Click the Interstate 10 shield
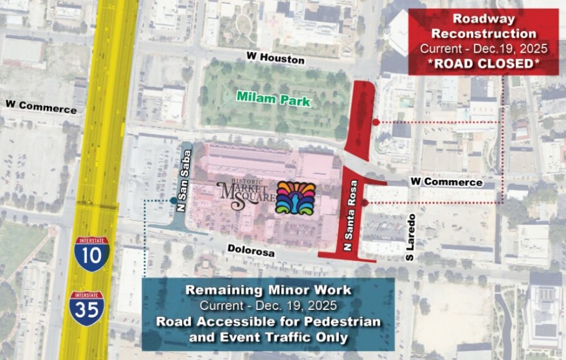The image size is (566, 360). pos(91,253)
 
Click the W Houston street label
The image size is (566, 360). pos(275,59)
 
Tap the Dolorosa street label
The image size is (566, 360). pos(251,250)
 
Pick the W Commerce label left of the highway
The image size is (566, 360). pos(41,107)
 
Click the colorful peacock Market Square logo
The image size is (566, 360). pos(295,197)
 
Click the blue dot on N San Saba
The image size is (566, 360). pos(174,201)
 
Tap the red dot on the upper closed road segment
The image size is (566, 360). pos(375,122)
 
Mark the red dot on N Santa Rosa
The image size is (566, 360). pos(364,203)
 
